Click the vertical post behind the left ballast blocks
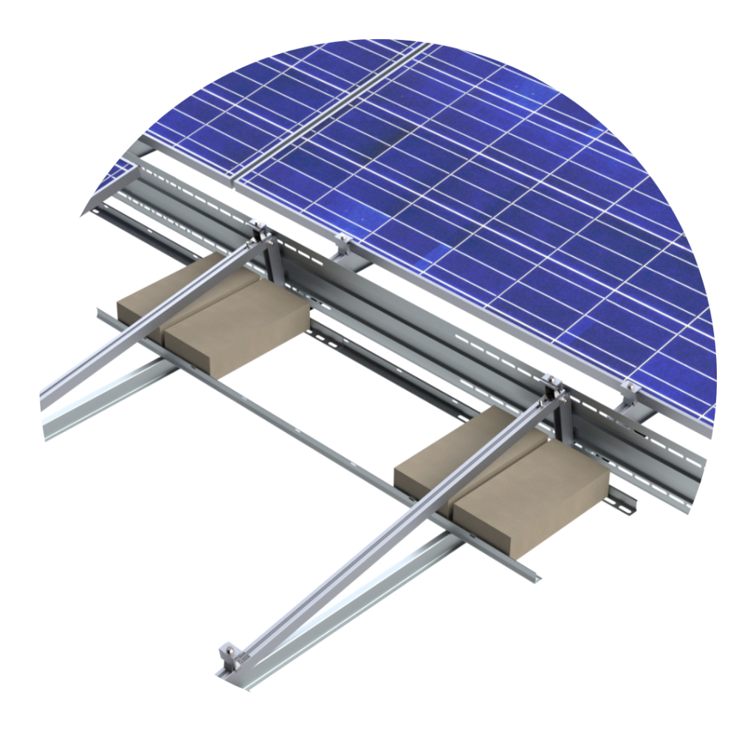(274, 262)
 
